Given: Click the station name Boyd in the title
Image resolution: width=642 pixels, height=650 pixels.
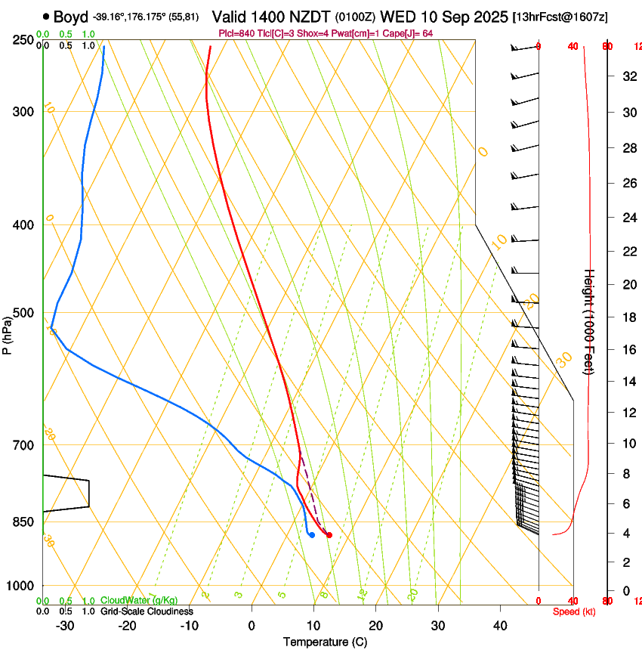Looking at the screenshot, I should click(71, 16).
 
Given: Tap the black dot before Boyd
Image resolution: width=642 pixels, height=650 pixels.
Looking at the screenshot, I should click(47, 16).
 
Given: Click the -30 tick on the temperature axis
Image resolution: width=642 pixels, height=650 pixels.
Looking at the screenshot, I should click(65, 626).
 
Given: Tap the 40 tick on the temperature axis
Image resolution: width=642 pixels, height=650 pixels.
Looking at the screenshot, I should click(499, 626).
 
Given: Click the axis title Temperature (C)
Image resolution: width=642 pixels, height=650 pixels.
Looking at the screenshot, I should click(325, 642).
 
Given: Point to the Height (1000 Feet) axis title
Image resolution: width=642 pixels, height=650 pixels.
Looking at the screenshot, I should click(590, 321).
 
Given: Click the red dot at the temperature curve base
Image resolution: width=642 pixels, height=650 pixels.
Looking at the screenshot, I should click(329, 535).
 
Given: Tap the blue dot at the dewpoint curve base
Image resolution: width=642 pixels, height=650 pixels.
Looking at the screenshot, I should click(311, 535).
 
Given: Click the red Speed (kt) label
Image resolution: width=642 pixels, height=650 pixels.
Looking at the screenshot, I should click(573, 611).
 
